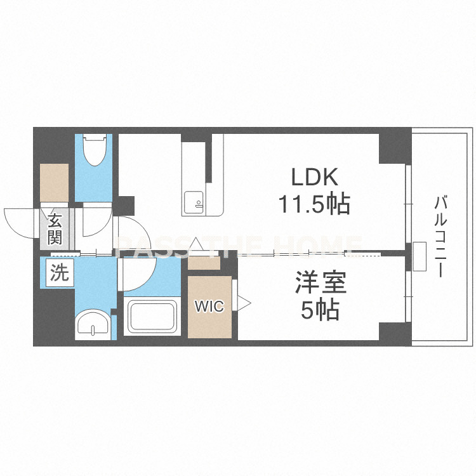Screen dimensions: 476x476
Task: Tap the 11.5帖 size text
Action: [315, 204]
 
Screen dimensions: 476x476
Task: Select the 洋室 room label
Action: [321, 282]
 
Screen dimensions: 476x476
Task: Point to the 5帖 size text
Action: [320, 310]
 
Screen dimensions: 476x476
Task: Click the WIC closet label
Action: [209, 306]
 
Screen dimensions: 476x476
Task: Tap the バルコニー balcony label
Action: [440, 237]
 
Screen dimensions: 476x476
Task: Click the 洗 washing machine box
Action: [60, 272]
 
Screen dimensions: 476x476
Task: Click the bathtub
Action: [152, 316]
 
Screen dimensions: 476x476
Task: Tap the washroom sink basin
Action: [93, 322]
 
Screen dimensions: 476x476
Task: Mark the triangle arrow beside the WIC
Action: [244, 302]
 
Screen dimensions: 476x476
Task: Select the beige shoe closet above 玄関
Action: [55, 183]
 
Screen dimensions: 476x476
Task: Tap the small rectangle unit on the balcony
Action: [420, 256]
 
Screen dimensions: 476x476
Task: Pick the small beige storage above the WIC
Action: [204, 263]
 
